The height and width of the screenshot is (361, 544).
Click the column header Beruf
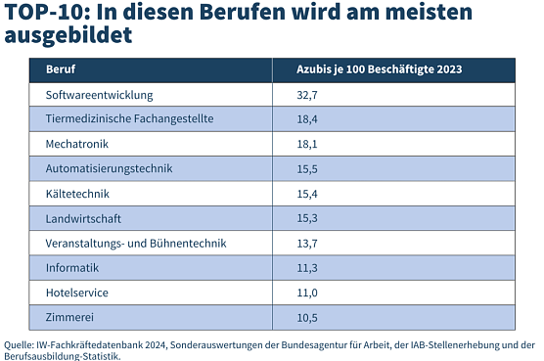click(x=61, y=70)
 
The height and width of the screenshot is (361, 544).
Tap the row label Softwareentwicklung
click(x=99, y=95)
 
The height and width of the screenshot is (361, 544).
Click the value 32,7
click(x=307, y=95)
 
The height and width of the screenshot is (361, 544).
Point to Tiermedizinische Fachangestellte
click(x=129, y=119)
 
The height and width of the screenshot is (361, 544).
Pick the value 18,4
click(x=307, y=119)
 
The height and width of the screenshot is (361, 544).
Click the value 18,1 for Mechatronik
click(x=307, y=144)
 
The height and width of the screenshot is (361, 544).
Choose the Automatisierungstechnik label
click(x=109, y=169)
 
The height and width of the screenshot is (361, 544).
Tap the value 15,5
click(x=307, y=169)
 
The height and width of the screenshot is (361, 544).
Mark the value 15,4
click(x=307, y=194)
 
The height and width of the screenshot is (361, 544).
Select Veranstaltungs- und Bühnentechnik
click(x=135, y=243)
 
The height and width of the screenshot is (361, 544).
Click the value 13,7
click(x=307, y=243)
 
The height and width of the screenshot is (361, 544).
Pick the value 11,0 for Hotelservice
click(x=307, y=292)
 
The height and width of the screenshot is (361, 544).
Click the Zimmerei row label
click(x=71, y=317)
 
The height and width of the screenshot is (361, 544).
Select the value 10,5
click(x=307, y=317)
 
